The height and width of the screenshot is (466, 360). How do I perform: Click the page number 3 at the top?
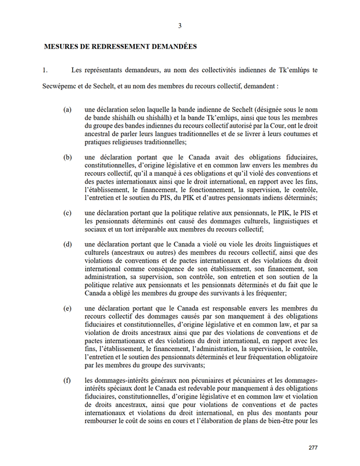point(180,25)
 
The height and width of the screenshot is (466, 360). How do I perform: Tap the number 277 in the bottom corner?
point(313,448)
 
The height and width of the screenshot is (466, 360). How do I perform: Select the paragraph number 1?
point(44,70)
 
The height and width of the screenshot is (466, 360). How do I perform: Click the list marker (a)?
point(68,109)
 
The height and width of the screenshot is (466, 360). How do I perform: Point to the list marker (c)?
point(68,213)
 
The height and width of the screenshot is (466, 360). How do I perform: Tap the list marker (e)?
point(68,308)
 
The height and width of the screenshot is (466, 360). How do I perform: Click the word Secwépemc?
point(61,90)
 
